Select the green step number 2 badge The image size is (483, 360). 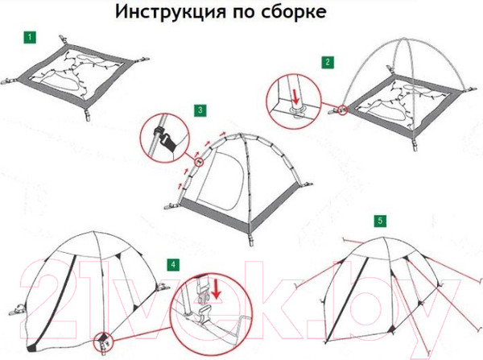pos(328,62)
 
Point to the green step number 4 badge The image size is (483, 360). pos(173,264)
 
